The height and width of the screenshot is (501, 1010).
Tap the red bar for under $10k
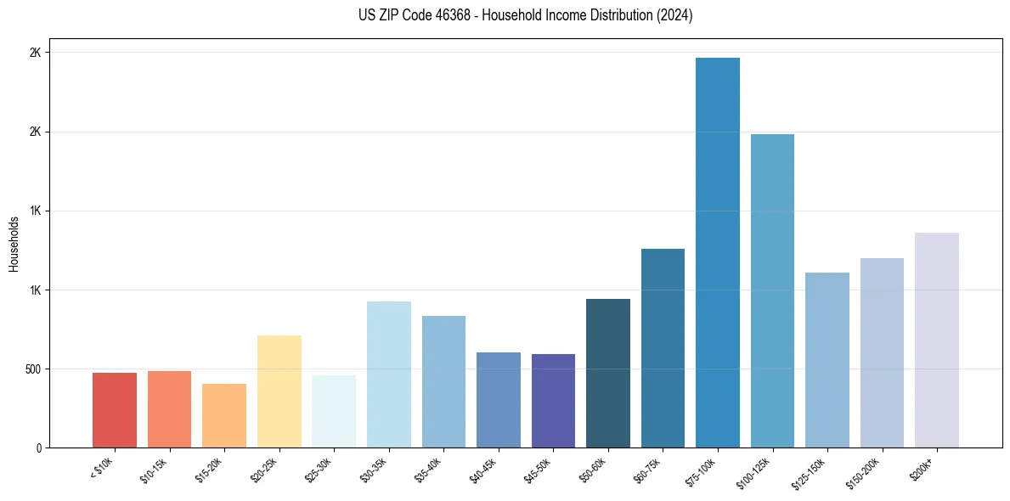(x=115, y=410)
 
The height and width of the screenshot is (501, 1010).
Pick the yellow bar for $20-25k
(x=279, y=391)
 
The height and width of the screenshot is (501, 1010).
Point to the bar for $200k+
(x=937, y=340)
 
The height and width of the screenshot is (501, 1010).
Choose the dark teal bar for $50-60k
(x=608, y=373)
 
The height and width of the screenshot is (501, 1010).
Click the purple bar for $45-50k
(x=553, y=401)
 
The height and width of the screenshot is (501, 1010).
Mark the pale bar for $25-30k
(x=334, y=411)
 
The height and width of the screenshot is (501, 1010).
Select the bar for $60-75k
(x=663, y=348)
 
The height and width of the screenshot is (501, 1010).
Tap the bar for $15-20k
(x=224, y=415)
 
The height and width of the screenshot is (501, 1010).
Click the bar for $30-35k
(x=389, y=374)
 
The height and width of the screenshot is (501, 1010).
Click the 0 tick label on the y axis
(x=38, y=448)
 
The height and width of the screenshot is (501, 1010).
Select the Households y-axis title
(x=14, y=244)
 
